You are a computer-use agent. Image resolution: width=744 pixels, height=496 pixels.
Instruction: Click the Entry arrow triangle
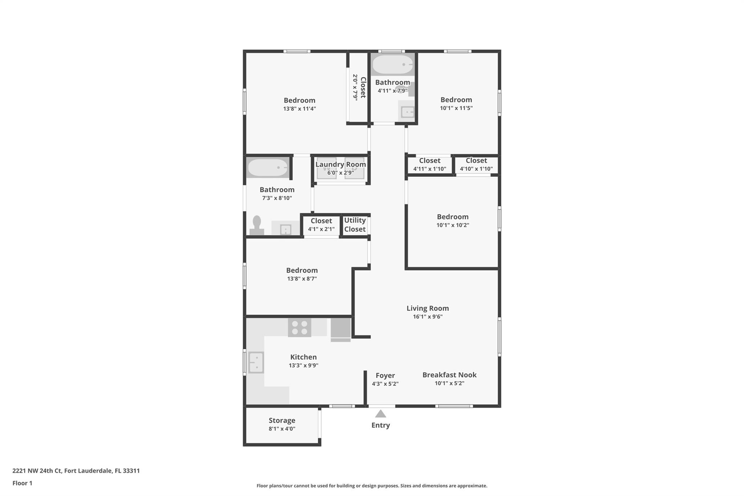click(380, 414)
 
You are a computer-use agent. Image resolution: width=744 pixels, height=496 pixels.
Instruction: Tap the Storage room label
click(282, 420)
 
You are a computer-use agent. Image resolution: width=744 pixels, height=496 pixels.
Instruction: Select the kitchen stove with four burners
click(300, 327)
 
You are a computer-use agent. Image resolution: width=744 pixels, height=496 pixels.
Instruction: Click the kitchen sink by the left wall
click(256, 363)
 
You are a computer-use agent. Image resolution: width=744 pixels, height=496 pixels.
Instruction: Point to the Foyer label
click(385, 375)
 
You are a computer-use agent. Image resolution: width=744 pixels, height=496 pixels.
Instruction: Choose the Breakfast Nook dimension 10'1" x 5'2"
click(449, 383)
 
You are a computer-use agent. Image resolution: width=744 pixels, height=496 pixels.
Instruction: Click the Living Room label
click(428, 308)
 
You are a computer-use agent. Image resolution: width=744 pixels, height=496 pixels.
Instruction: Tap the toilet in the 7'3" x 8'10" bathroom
click(257, 226)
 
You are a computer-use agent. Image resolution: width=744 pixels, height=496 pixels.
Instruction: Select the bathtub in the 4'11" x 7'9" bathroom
click(393, 65)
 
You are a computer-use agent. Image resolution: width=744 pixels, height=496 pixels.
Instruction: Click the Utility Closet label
click(355, 225)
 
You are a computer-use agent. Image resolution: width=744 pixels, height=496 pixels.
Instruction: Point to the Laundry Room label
click(340, 164)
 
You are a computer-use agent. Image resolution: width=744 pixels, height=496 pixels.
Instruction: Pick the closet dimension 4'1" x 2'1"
click(321, 229)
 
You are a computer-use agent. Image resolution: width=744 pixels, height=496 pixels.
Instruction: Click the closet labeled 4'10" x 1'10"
click(476, 164)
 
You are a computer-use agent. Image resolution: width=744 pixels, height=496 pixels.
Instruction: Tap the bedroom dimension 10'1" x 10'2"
click(453, 225)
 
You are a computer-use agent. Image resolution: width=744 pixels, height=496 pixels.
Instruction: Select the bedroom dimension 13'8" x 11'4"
click(300, 109)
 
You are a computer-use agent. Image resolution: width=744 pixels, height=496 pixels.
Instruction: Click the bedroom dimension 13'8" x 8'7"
click(302, 279)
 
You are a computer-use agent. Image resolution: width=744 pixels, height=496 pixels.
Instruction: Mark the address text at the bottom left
click(76, 471)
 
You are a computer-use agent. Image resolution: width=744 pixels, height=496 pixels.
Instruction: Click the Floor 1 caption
click(22, 483)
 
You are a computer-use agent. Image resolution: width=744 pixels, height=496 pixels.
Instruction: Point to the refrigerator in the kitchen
click(341, 330)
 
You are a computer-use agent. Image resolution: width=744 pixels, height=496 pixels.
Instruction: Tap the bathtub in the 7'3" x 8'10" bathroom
click(268, 168)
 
